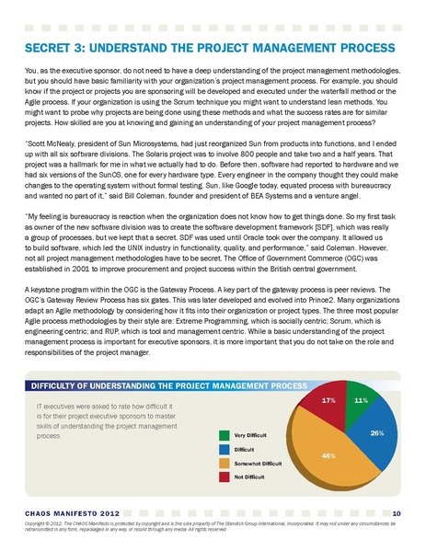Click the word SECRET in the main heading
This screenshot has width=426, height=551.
(x=46, y=47)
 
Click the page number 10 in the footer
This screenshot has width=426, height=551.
(x=396, y=512)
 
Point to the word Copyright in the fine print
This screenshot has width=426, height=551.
(x=37, y=522)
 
